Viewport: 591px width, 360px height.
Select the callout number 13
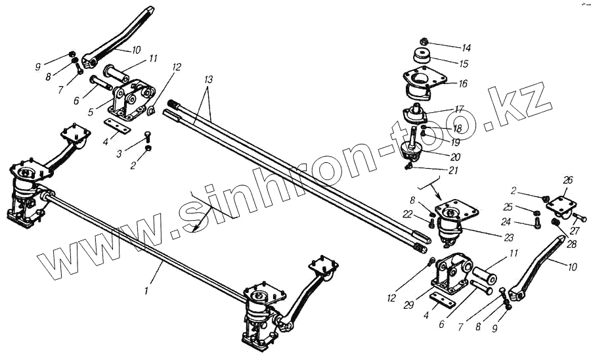(x=208, y=79)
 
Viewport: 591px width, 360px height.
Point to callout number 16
(x=463, y=83)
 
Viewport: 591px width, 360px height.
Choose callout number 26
(x=568, y=180)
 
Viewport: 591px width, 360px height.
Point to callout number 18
(x=457, y=129)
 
